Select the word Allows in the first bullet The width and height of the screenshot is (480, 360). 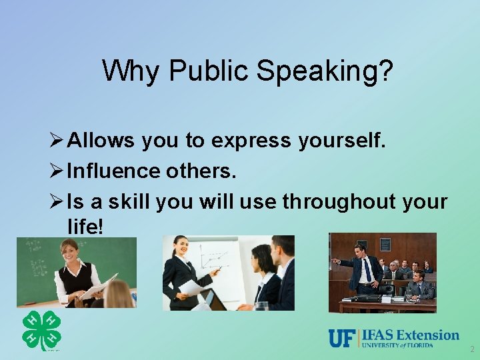point(101,141)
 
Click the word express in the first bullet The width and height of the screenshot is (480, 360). point(251,141)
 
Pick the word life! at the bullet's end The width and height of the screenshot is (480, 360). point(86,226)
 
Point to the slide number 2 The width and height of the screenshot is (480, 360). point(471,349)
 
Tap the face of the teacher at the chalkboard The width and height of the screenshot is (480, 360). point(70,250)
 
